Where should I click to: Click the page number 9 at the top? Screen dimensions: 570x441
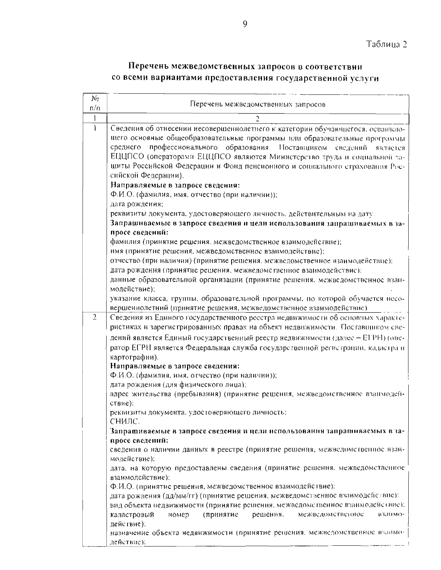(x=245, y=24)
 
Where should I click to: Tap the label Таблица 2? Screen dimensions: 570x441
(x=387, y=45)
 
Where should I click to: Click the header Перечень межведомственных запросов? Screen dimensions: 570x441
(x=258, y=104)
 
